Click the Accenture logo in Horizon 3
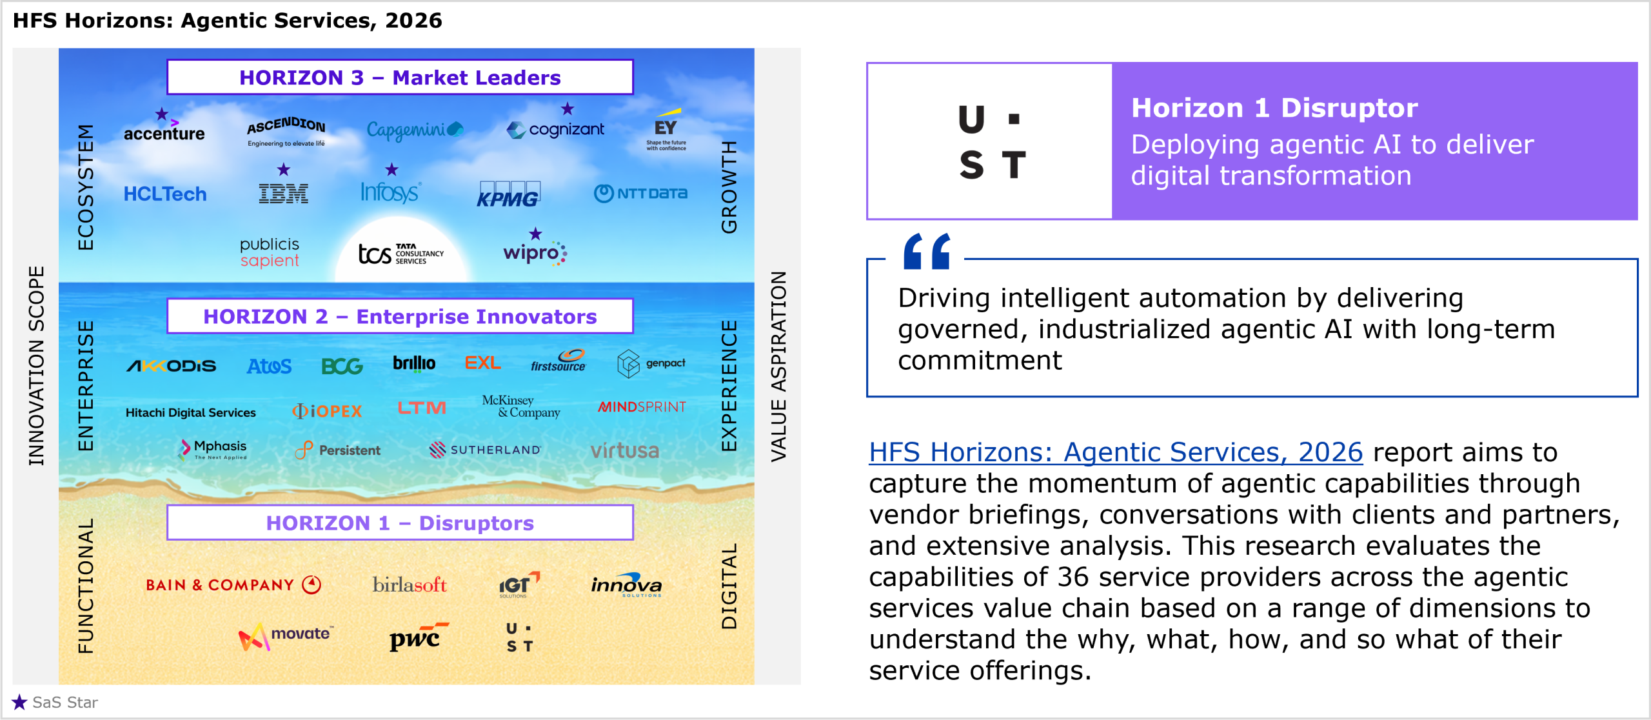click(x=164, y=129)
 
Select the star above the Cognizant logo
click(x=568, y=108)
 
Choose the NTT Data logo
click(x=640, y=193)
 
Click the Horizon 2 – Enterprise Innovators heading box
click(x=400, y=316)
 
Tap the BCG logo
click(x=342, y=366)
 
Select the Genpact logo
click(x=651, y=364)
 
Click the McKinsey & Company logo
click(x=521, y=406)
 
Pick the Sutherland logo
click(x=485, y=450)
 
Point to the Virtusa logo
click(x=625, y=450)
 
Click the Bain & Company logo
click(x=233, y=585)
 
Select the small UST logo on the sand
click(x=520, y=637)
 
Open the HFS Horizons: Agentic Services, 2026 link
click(x=1116, y=452)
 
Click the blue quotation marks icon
click(x=927, y=251)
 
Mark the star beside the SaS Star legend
click(x=19, y=702)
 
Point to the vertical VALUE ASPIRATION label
click(x=778, y=366)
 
